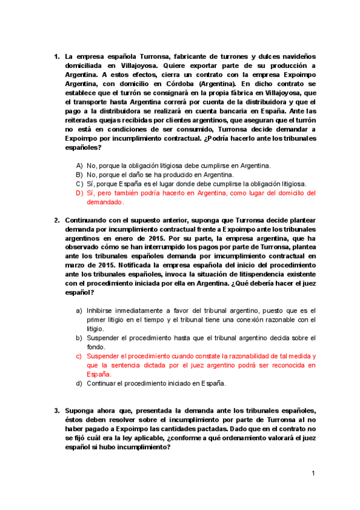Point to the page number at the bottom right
click(313, 474)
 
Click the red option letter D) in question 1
click(79, 193)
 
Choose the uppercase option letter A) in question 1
click(79, 165)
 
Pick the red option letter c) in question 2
click(79, 356)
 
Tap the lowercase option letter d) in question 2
click(79, 383)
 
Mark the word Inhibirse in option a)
click(102, 310)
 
